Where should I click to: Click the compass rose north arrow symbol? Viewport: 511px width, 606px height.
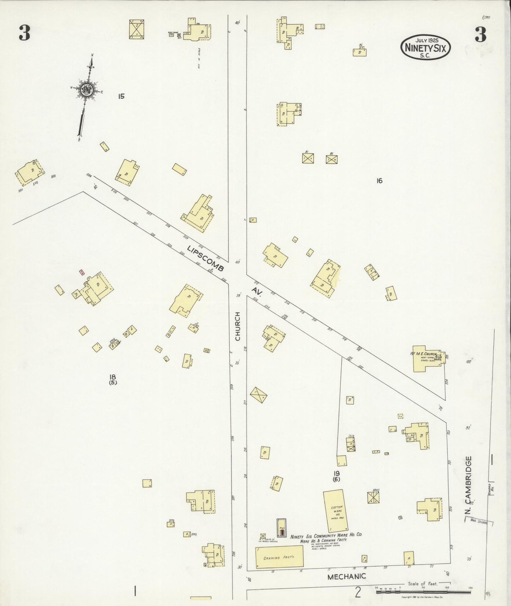pyautogui.click(x=86, y=90)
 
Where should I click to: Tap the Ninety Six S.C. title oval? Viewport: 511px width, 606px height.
pyautogui.click(x=426, y=47)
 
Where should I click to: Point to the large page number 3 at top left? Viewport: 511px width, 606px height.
pyautogui.click(x=24, y=34)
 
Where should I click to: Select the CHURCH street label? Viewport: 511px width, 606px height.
pyautogui.click(x=238, y=326)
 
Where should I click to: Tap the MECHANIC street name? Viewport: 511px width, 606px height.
pyautogui.click(x=346, y=577)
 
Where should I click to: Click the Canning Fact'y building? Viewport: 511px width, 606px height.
pyautogui.click(x=279, y=558)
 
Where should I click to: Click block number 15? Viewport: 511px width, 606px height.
pyautogui.click(x=121, y=96)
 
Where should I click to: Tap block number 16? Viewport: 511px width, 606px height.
pyautogui.click(x=379, y=181)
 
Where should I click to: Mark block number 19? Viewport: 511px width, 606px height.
pyautogui.click(x=336, y=473)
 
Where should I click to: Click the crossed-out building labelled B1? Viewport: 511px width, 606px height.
pyautogui.click(x=308, y=158)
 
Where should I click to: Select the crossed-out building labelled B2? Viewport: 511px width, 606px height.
pyautogui.click(x=331, y=159)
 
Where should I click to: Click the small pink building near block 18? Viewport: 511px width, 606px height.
pyautogui.click(x=82, y=272)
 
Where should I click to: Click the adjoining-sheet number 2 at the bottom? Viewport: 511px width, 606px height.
pyautogui.click(x=358, y=592)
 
